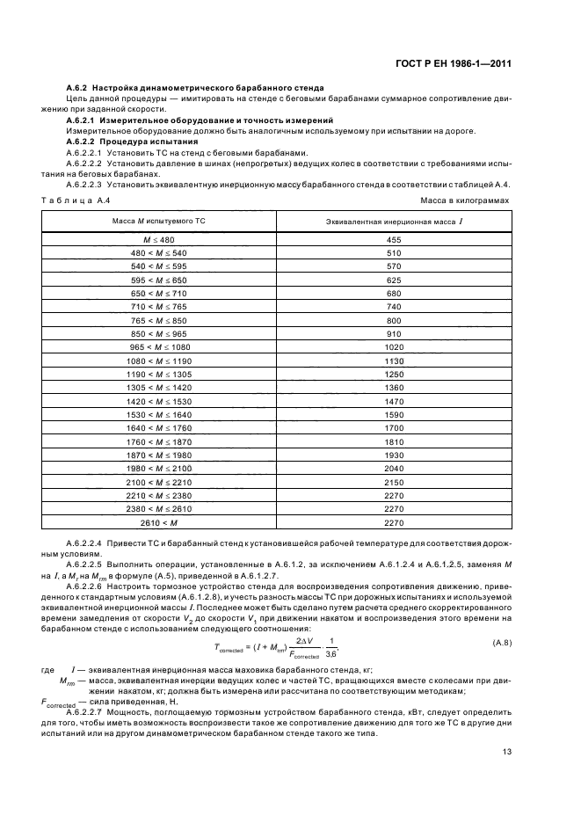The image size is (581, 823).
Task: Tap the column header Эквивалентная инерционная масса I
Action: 393,221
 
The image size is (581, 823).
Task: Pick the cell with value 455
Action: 393,240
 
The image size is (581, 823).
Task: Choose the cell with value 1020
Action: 393,347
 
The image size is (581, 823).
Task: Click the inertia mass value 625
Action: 393,280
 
